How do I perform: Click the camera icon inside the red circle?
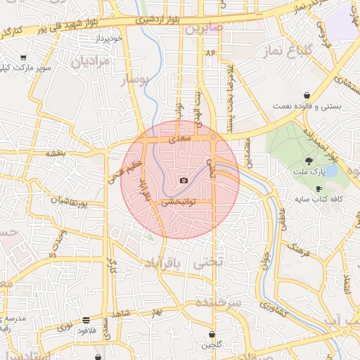pyautogui.click(x=184, y=181)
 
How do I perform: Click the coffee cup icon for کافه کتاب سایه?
pyautogui.click(x=319, y=188)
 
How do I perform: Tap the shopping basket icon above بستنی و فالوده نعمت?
pyautogui.click(x=307, y=96)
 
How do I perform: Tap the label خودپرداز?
pyautogui.click(x=112, y=37)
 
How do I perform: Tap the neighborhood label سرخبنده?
pyautogui.click(x=219, y=302)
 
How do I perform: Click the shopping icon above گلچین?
pyautogui.click(x=212, y=335)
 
